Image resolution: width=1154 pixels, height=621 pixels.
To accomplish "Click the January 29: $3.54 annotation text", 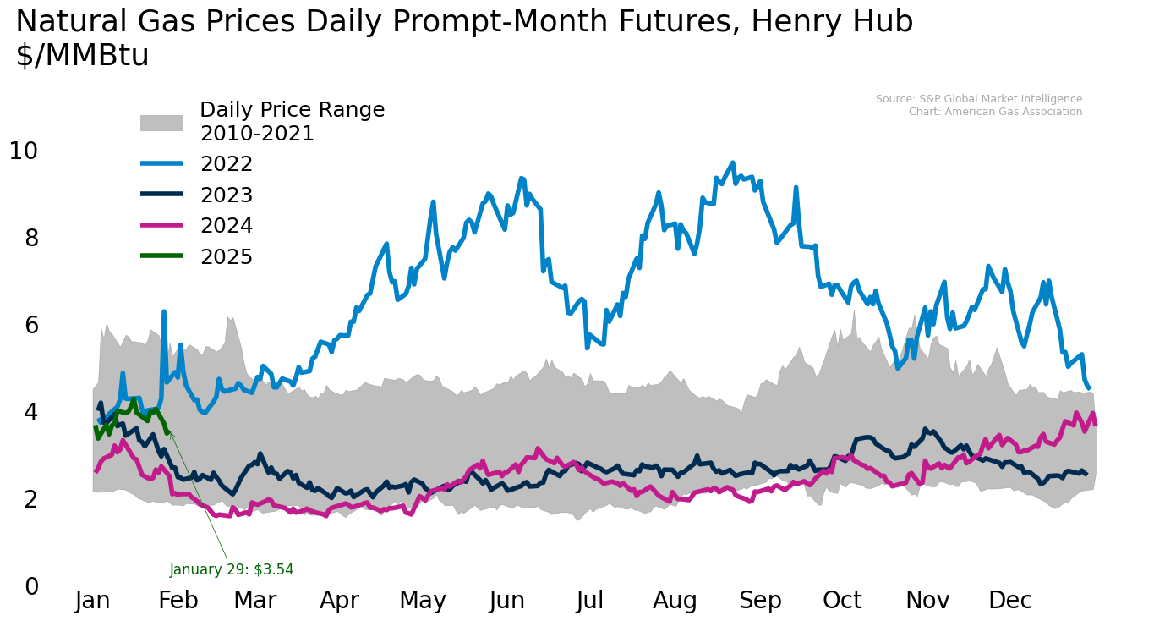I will [231, 569].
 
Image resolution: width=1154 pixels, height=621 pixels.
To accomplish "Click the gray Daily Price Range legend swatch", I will [161, 123].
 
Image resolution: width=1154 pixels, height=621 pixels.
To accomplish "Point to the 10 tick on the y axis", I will [24, 151].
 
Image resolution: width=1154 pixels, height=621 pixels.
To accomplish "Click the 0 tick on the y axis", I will [31, 586].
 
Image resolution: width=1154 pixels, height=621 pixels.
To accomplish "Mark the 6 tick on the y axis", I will [31, 325].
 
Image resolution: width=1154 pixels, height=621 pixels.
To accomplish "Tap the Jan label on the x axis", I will [93, 601].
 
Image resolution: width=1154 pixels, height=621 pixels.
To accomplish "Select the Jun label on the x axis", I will [506, 601].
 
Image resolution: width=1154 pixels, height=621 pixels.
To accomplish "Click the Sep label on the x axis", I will [760, 601].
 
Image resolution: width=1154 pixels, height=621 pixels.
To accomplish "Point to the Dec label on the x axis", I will [1010, 601].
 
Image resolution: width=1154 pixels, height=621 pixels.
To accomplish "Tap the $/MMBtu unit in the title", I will [82, 56].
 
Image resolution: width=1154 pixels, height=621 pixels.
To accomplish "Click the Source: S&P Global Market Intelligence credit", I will [978, 99].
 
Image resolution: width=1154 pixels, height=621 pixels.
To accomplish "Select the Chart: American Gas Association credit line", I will [995, 112].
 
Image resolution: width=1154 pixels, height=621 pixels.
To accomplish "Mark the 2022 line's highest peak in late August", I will [732, 162].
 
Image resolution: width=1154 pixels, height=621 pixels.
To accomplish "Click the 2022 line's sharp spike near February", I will [164, 312].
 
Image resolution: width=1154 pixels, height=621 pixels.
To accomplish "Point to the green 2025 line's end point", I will [167, 432].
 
